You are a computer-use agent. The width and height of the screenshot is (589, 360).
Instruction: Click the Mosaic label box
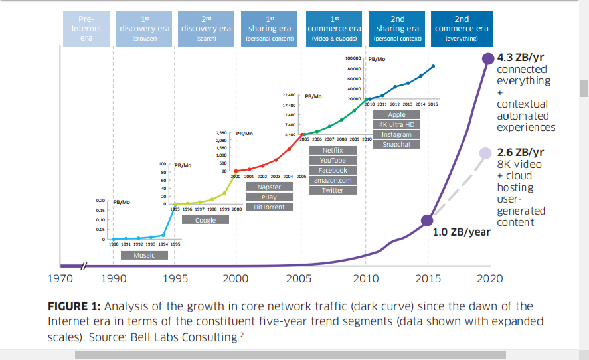144,255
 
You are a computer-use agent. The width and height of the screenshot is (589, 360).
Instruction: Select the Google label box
205,220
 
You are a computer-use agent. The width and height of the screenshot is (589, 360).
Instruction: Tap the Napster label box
269,187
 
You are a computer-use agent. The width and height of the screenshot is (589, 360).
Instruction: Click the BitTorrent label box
269,207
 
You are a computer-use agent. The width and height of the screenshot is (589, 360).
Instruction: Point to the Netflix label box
333,151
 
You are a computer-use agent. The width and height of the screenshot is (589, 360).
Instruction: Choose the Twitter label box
333,190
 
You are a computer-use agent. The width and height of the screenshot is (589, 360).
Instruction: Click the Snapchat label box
396,144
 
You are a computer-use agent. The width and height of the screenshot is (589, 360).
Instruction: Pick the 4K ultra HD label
396,124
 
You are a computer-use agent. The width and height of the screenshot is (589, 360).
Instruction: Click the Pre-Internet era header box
86,29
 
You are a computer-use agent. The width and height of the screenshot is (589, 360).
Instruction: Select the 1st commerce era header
333,29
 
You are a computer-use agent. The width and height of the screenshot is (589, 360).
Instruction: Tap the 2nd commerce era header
462,29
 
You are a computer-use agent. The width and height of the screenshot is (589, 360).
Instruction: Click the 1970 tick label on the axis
61,279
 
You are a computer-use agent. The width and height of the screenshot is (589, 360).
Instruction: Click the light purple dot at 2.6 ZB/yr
489,153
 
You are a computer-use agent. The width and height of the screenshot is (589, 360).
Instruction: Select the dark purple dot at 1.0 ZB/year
428,221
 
